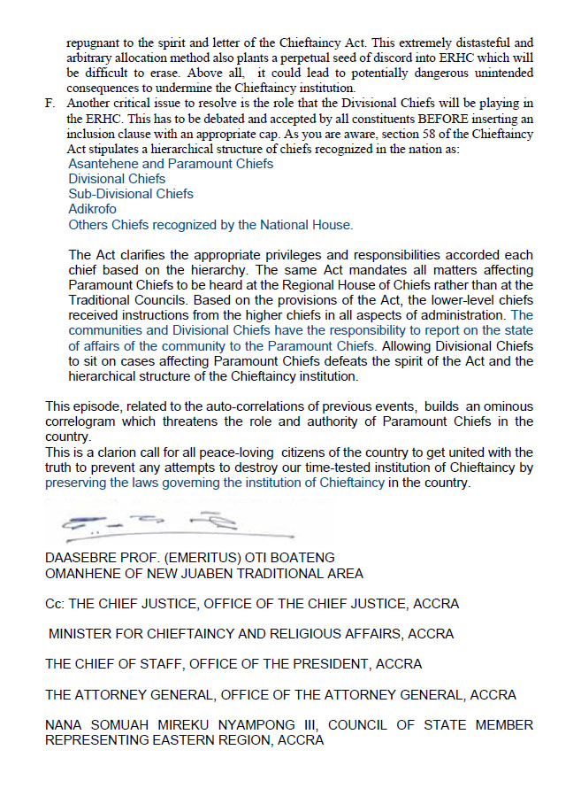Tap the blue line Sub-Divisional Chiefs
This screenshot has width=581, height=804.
click(131, 194)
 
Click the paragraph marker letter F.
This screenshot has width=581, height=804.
click(50, 104)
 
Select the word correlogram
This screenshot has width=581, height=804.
click(84, 421)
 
